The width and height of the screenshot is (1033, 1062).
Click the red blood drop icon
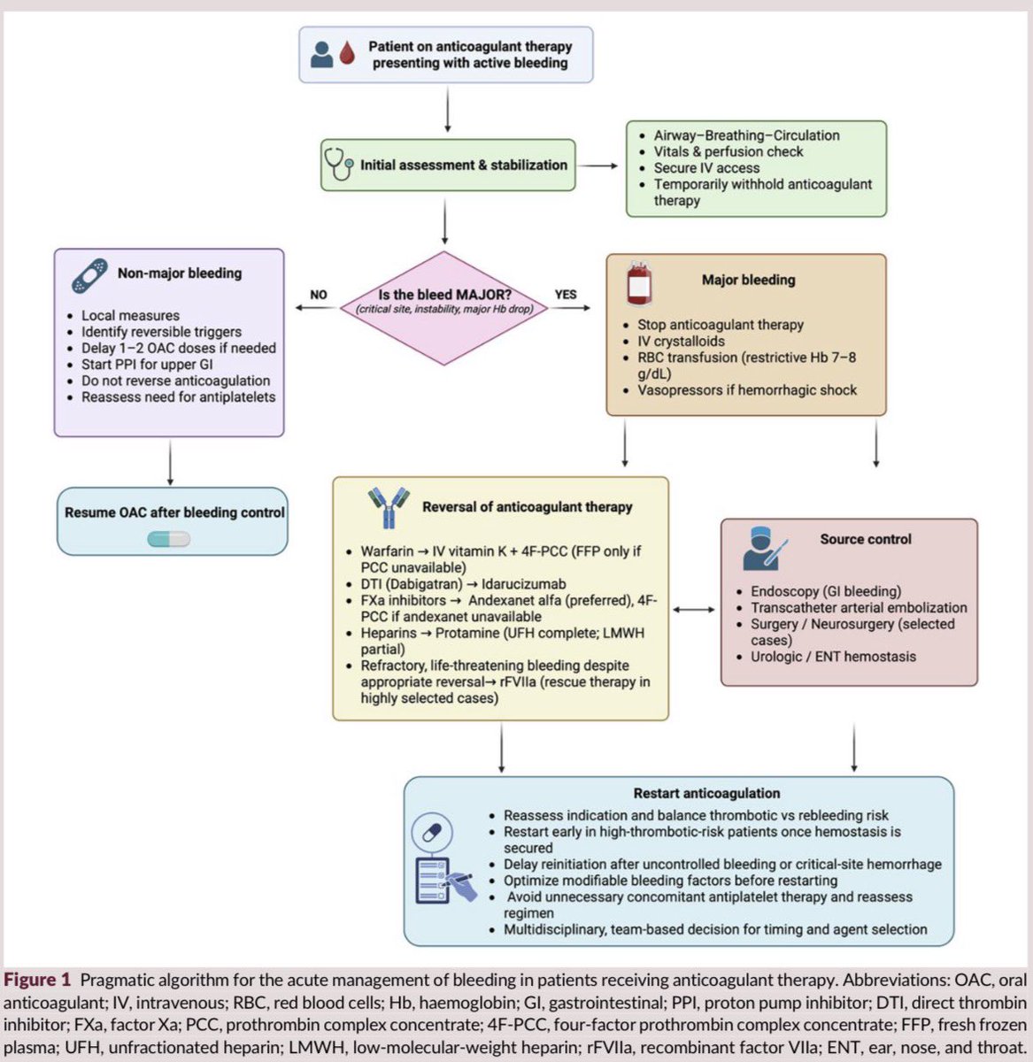tap(347, 54)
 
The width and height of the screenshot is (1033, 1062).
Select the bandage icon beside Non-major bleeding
tap(89, 276)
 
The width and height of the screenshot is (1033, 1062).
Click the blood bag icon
tap(639, 282)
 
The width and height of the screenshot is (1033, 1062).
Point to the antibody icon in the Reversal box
tap(389, 507)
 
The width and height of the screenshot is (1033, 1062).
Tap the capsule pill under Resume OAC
tap(169, 539)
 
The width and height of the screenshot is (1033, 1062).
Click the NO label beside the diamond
tap(319, 295)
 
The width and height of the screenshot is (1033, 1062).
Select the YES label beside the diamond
tap(566, 294)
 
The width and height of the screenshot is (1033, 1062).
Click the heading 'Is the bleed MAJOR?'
tap(445, 295)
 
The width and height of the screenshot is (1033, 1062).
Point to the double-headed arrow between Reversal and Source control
tap(693, 610)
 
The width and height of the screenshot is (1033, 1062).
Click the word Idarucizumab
tap(524, 584)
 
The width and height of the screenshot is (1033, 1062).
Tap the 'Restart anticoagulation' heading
tap(706, 793)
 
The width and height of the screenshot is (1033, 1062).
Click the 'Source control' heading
tap(866, 539)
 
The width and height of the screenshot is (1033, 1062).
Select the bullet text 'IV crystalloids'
tap(681, 341)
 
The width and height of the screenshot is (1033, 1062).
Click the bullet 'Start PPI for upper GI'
tap(147, 364)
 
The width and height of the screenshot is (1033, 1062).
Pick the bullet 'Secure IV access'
tap(706, 167)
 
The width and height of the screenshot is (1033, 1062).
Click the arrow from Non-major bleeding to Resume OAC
tap(170, 463)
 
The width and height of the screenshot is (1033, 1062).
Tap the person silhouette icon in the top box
tap(321, 55)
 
